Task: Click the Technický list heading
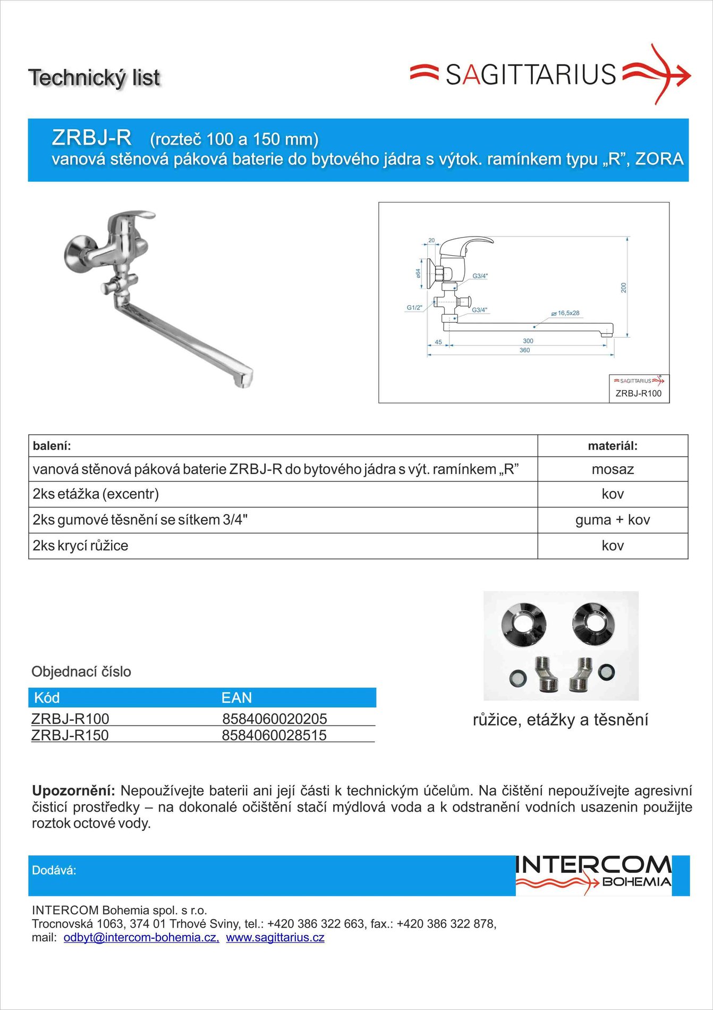[94, 78]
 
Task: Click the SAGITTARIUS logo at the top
[549, 74]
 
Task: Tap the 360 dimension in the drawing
[524, 350]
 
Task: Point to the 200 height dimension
[624, 288]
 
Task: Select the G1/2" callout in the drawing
[414, 308]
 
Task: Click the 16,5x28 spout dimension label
[568, 313]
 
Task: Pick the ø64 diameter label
[418, 273]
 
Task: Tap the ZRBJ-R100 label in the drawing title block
[639, 393]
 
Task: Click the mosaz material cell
[613, 469]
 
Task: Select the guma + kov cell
[613, 520]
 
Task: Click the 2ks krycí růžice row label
[80, 546]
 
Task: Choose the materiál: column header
[613, 446]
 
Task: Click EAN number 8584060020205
[274, 719]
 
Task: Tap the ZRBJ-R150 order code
[70, 735]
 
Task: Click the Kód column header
[47, 698]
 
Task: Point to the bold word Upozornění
[73, 790]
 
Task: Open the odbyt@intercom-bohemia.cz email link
[141, 937]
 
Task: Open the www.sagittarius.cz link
[275, 937]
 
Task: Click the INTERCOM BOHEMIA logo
[593, 875]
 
